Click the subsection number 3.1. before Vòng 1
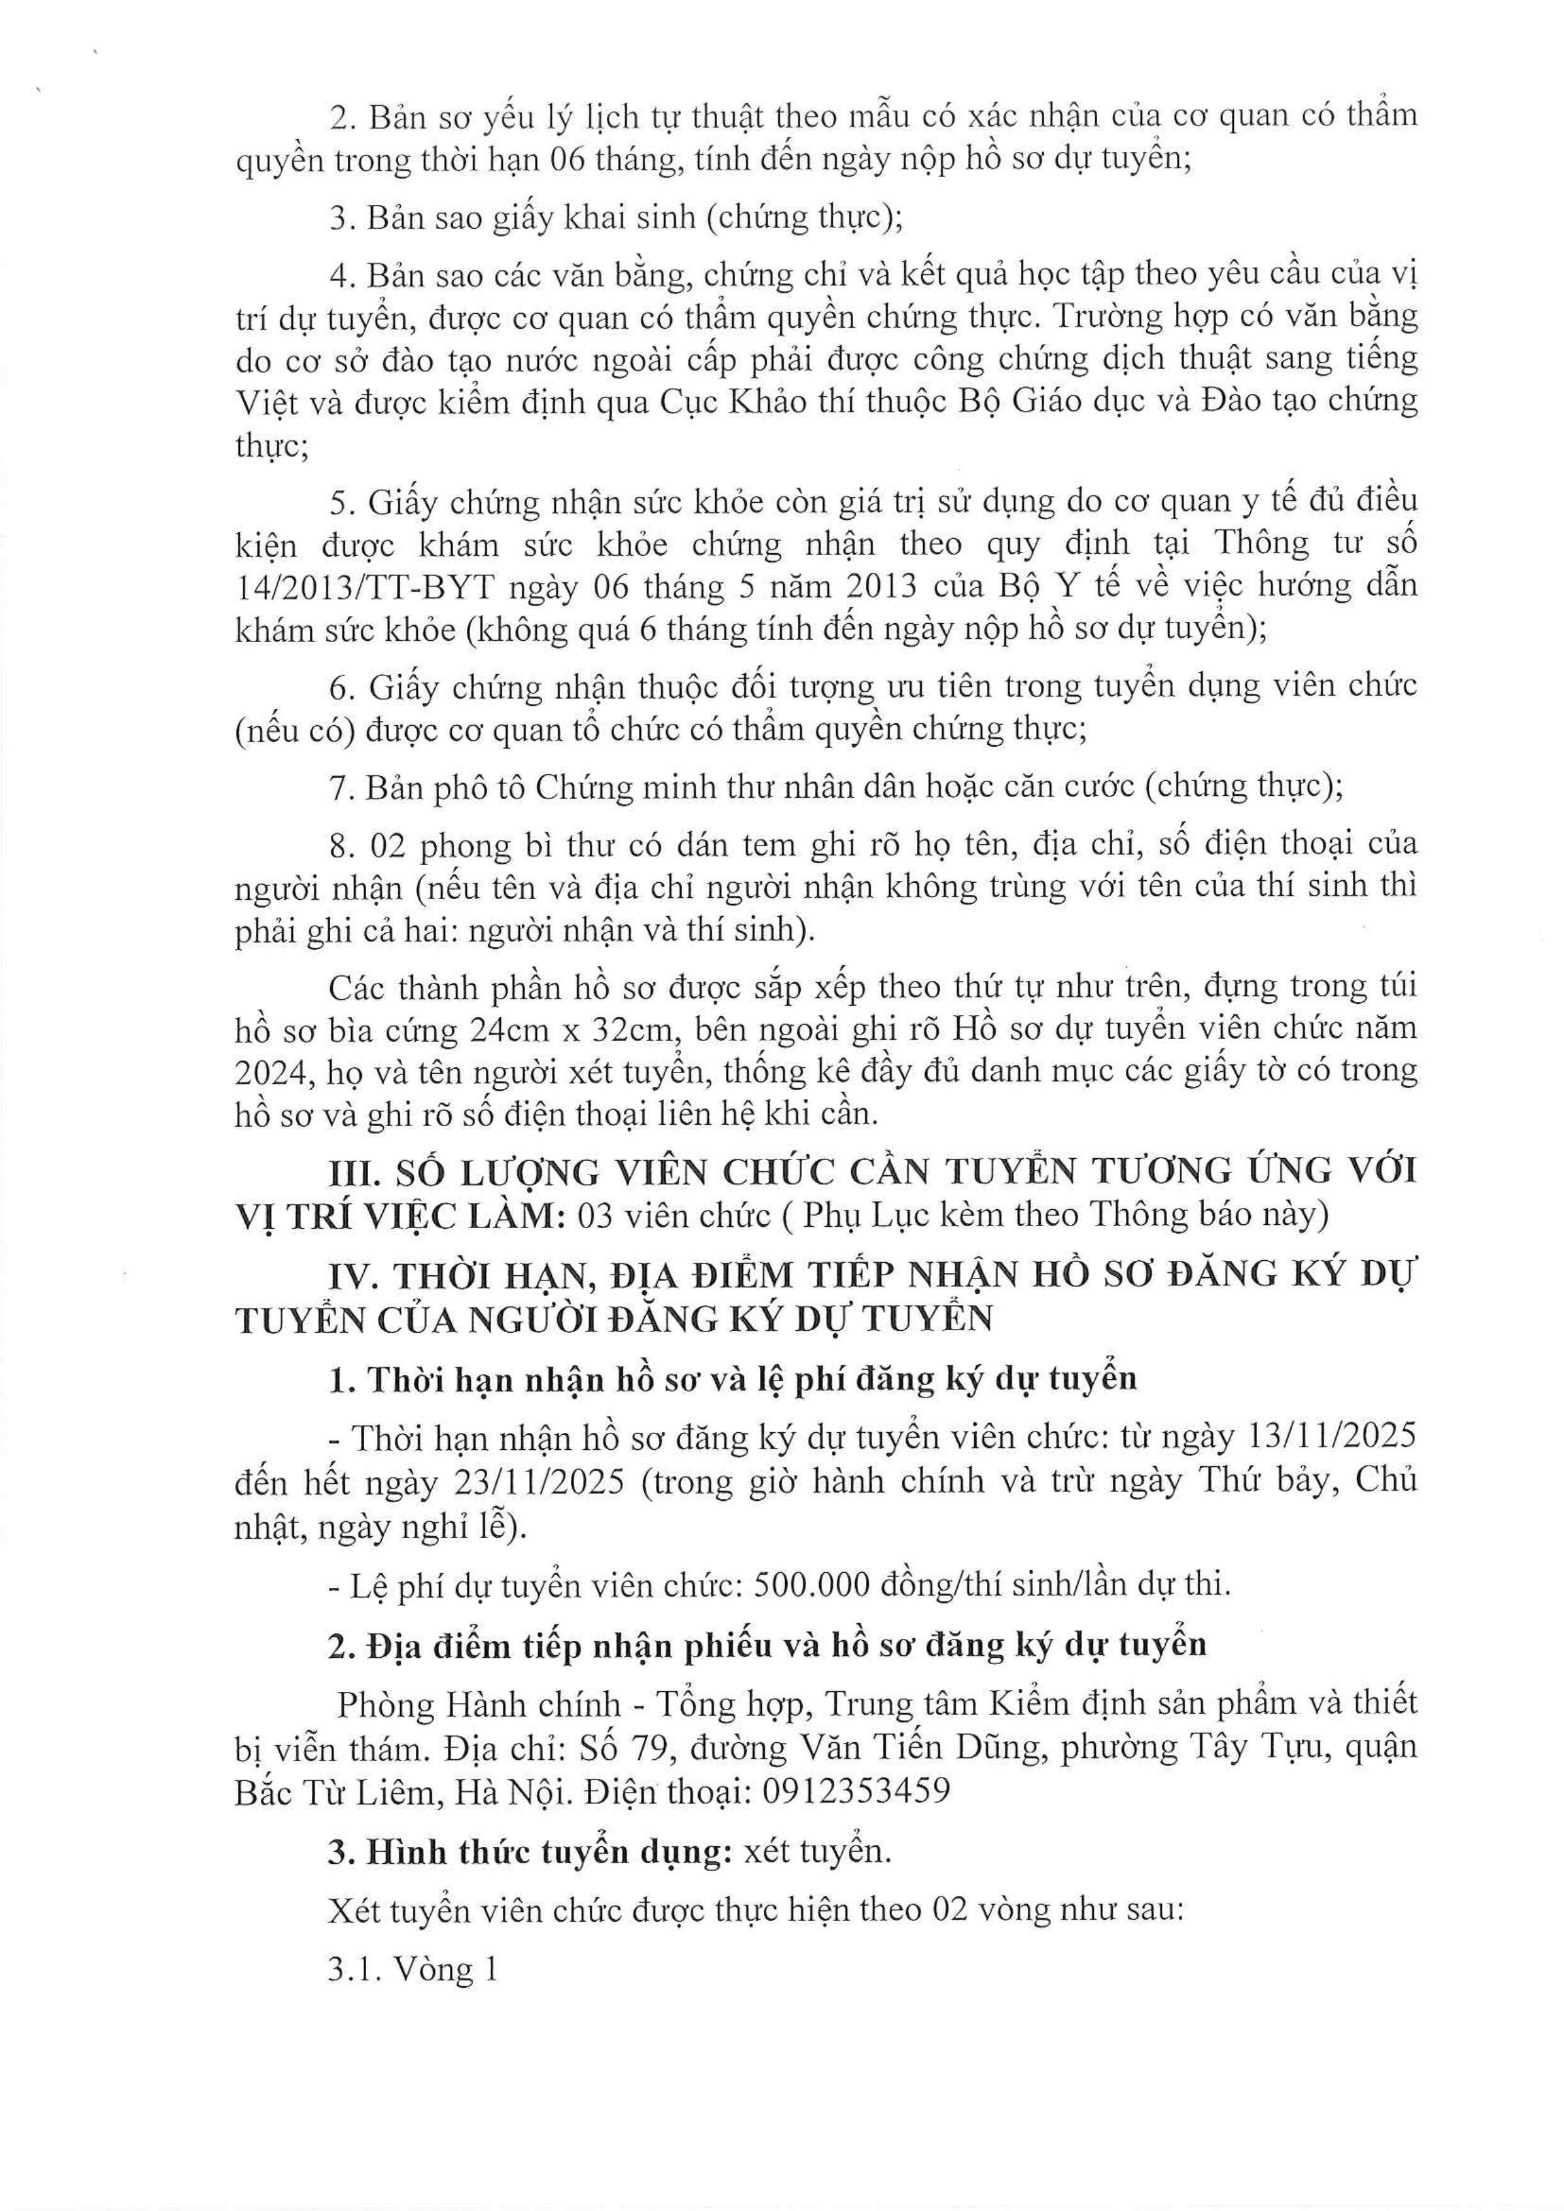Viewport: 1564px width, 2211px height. (x=359, y=1969)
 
